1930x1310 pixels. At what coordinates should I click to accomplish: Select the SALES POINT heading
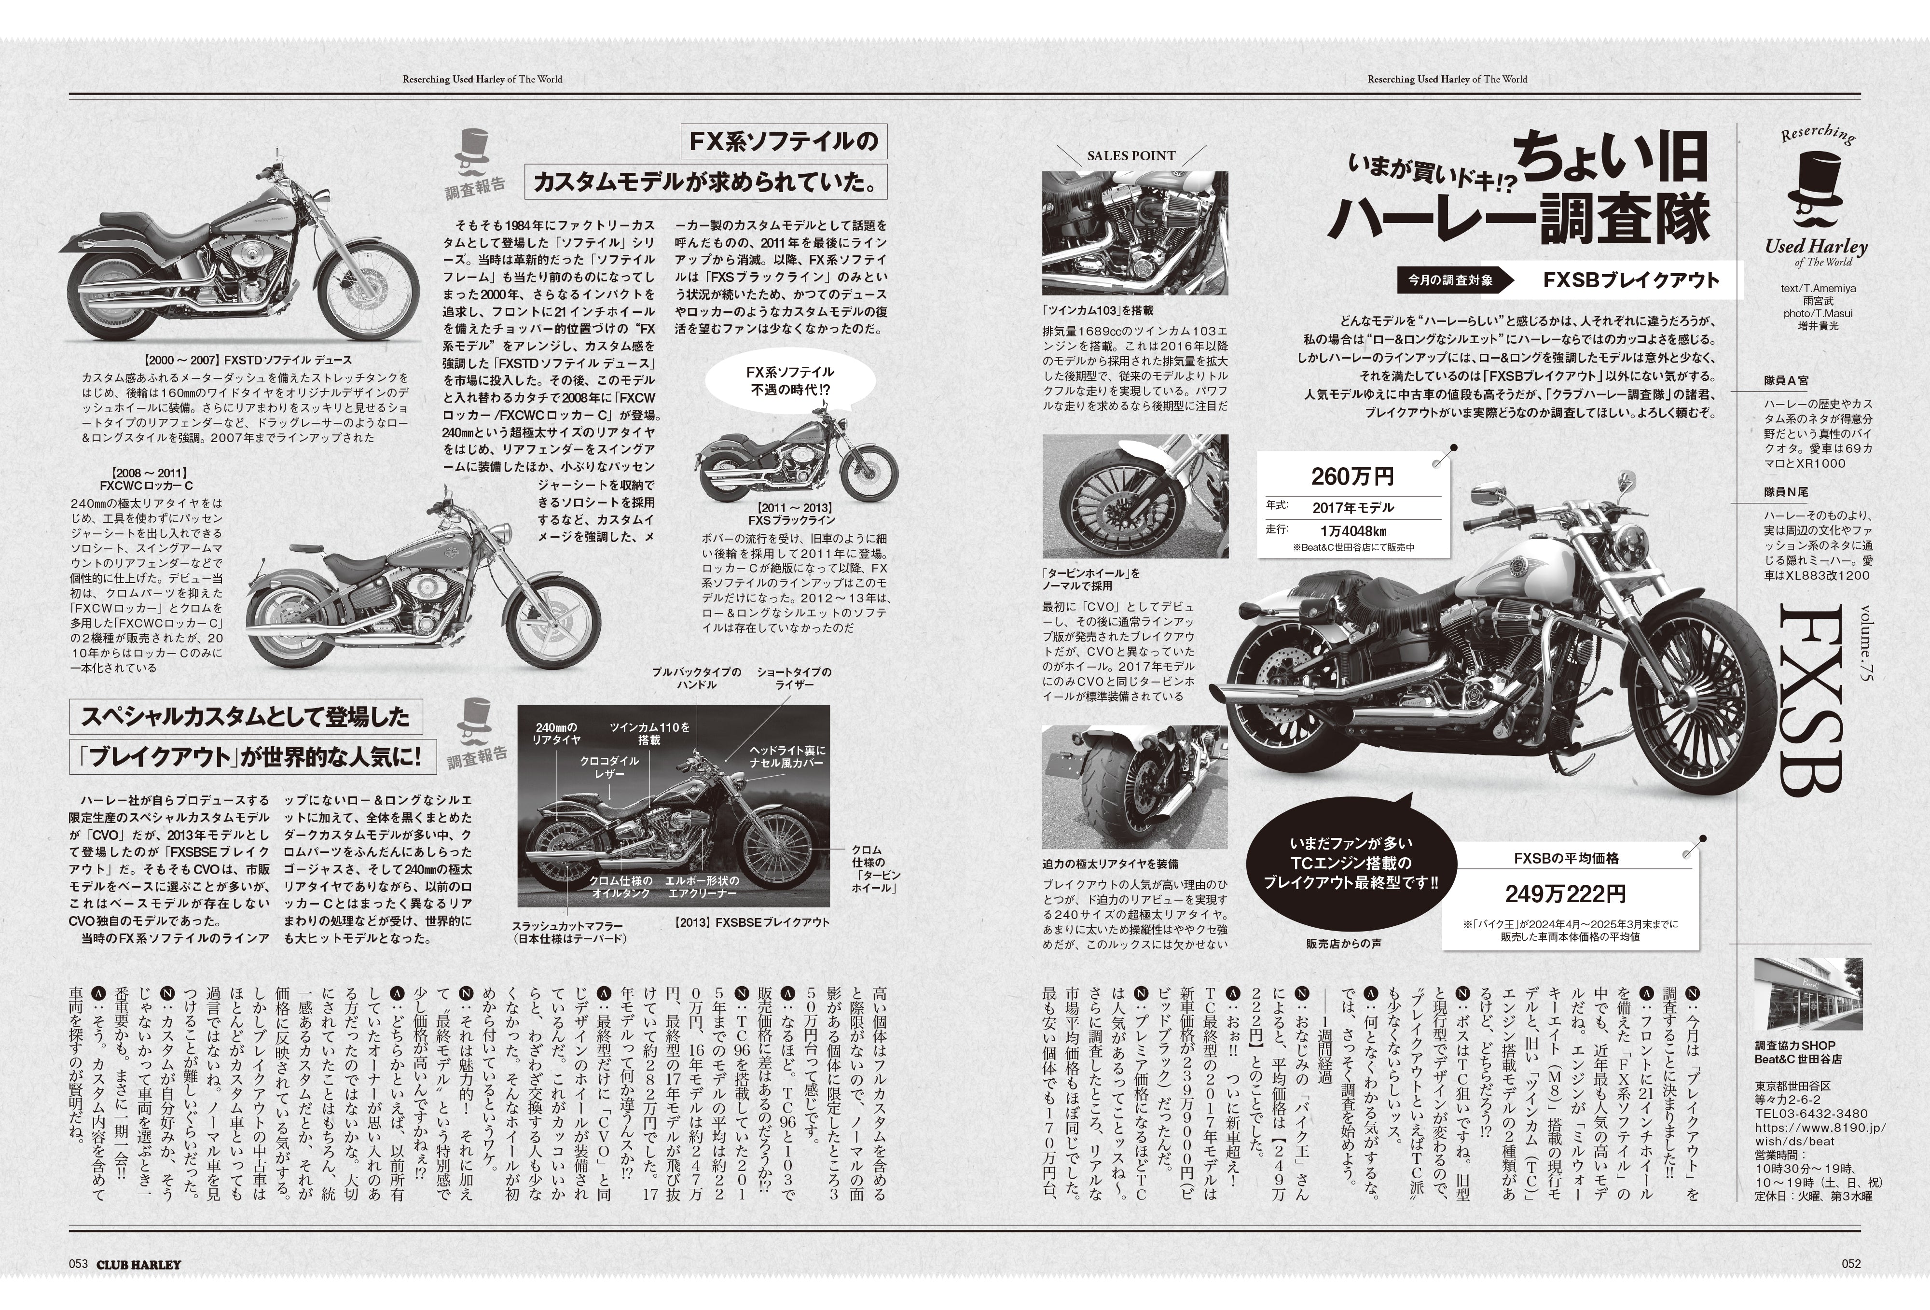(1131, 155)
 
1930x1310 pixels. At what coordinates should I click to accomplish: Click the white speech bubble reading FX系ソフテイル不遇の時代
(789, 381)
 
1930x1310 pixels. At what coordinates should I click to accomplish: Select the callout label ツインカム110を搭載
(649, 733)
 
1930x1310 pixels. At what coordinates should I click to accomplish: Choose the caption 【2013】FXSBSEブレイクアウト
(752, 922)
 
